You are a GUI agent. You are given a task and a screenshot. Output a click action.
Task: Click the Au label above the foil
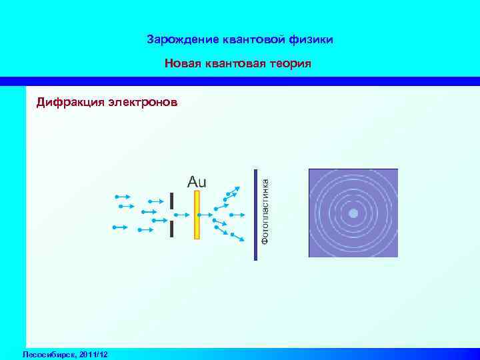tap(197, 181)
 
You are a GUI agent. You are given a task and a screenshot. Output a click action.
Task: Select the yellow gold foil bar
tap(197, 215)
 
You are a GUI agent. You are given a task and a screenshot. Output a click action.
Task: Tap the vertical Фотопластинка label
tap(265, 210)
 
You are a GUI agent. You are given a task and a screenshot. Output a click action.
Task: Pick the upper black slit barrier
tap(171, 201)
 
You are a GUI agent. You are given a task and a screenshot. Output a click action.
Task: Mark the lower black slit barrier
tap(171, 229)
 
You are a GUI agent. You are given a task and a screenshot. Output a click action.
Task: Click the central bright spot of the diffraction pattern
tap(353, 213)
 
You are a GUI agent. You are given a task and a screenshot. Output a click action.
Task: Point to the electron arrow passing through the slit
tap(180, 215)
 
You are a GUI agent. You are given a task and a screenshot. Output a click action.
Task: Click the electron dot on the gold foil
tap(198, 215)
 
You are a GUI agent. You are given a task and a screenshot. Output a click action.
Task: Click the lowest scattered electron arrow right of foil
tap(236, 237)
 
